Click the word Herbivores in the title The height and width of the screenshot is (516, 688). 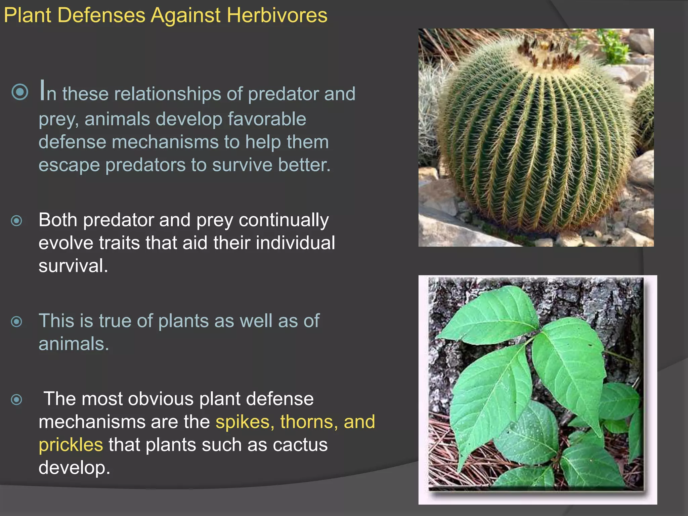277,15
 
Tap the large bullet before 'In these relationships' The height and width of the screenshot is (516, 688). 20,92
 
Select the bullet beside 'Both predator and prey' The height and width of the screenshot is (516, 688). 16,221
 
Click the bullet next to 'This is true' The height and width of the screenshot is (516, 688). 16,321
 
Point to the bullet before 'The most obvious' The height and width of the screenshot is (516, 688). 16,399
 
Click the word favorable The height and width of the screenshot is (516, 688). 267,119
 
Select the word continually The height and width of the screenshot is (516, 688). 284,220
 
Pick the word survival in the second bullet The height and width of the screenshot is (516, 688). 73,266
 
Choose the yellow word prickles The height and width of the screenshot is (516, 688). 71,445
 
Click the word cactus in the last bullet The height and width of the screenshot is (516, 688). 300,445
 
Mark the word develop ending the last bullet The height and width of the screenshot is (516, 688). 74,468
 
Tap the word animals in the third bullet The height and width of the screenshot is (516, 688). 74,344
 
